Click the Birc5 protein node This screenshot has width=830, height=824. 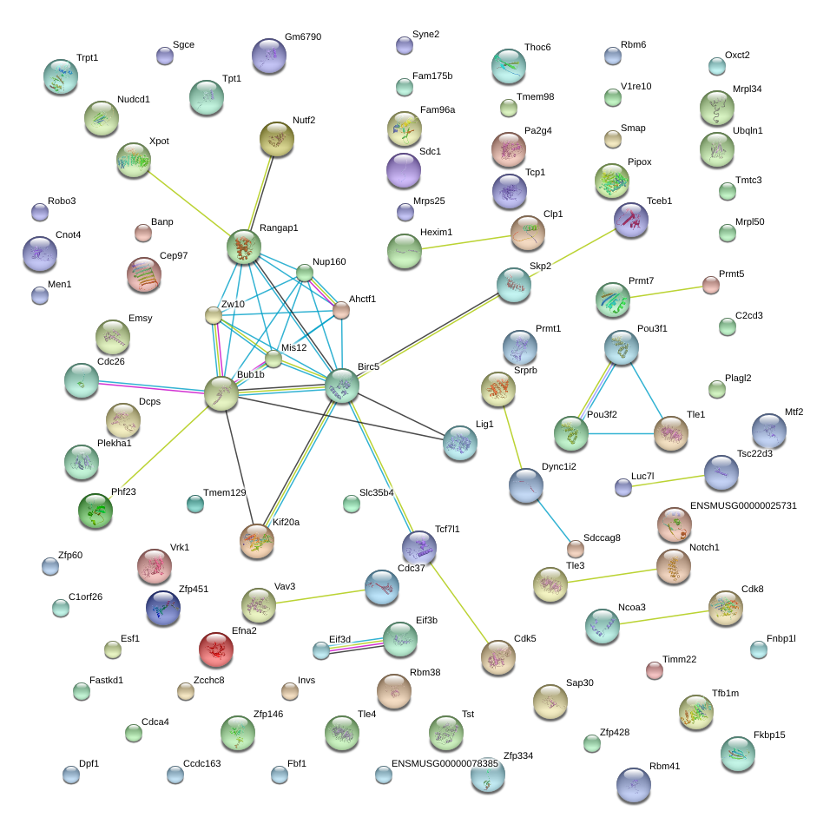(342, 386)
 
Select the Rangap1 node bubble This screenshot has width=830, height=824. (244, 247)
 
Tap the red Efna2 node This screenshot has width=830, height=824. (216, 649)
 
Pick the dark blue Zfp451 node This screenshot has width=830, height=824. (163, 608)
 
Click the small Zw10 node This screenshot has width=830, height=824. (214, 315)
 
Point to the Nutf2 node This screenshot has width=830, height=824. (277, 139)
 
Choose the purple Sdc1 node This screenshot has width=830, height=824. (404, 170)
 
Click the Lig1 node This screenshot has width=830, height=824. (460, 443)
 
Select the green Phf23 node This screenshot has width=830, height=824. (96, 511)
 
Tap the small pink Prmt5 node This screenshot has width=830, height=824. (711, 285)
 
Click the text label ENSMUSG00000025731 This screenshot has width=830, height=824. (743, 505)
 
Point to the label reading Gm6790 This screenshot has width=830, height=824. (303, 36)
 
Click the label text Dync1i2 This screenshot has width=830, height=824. (558, 466)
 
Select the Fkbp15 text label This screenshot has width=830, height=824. (769, 735)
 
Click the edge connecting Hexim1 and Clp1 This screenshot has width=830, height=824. (466, 242)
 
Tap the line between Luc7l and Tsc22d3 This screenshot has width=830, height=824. (668, 481)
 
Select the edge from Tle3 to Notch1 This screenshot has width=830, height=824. (612, 576)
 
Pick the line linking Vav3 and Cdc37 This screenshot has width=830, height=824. (320, 597)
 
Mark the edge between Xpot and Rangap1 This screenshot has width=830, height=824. (188, 202)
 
